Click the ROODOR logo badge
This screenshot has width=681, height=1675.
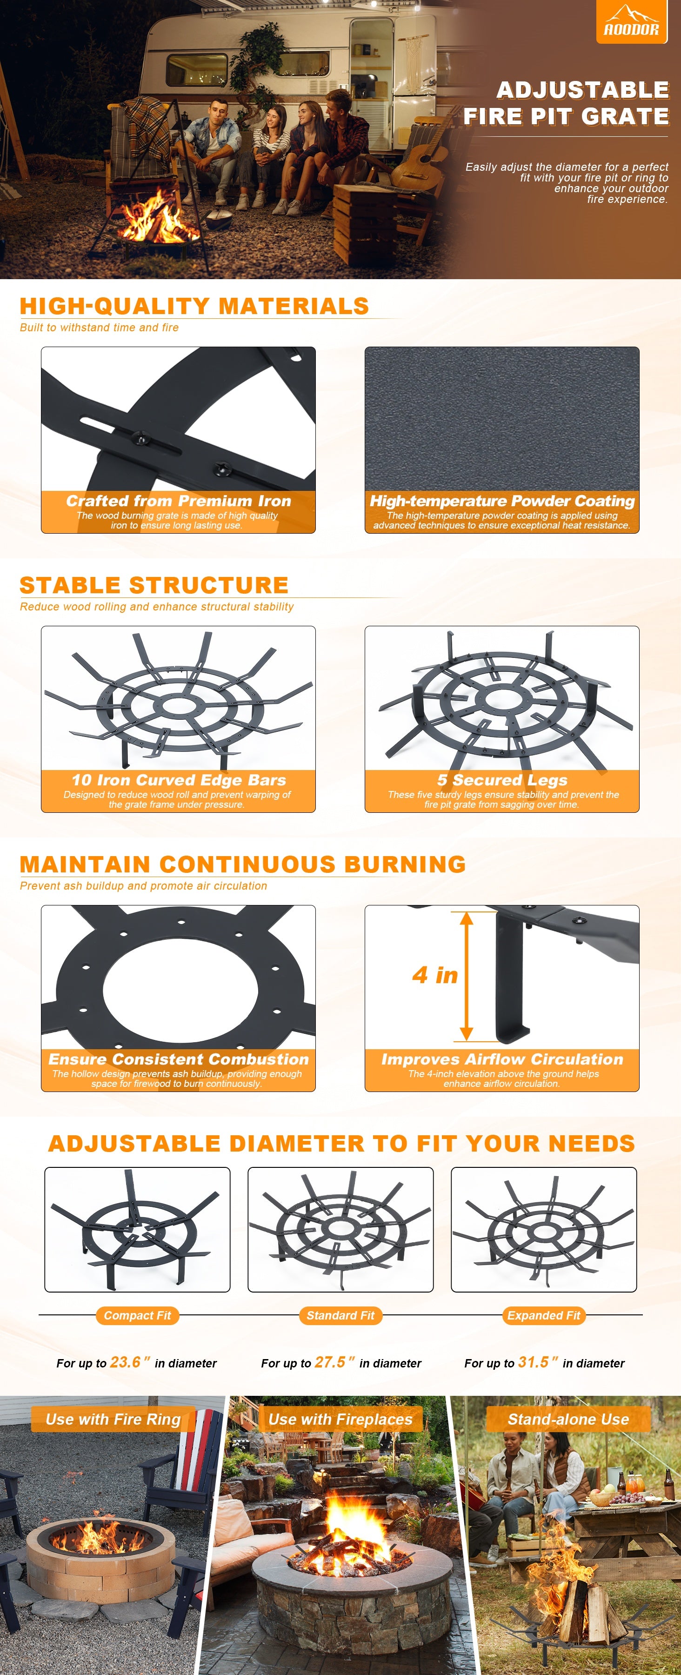631,21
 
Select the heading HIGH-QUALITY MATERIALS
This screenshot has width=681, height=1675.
194,306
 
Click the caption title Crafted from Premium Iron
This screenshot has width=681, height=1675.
178,501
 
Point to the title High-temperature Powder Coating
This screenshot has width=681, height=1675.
501,501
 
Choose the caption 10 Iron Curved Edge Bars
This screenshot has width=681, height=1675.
178,780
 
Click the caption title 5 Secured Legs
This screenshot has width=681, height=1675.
501,780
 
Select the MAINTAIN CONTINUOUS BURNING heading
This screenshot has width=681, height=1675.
242,864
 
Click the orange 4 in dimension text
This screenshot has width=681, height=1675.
435,975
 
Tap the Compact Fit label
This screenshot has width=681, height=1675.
137,1315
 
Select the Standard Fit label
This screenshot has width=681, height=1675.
340,1315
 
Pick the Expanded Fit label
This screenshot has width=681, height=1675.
544,1315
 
